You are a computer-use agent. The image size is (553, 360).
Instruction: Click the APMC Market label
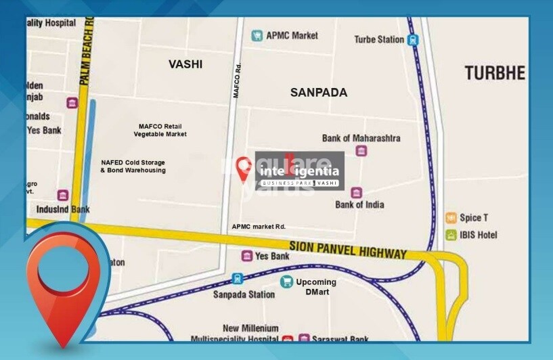click(292, 35)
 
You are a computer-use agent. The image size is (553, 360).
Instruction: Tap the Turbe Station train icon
click(413, 40)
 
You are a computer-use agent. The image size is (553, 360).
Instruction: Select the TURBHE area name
click(494, 73)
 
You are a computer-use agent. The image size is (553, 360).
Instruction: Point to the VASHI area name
click(185, 64)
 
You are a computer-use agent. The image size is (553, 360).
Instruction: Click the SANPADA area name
click(318, 93)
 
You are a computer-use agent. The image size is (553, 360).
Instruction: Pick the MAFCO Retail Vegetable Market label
click(160, 131)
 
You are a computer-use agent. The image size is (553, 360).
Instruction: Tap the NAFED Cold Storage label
click(133, 166)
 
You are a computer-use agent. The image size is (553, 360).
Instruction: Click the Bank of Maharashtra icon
click(361, 151)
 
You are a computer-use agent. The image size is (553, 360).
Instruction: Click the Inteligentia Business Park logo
click(299, 171)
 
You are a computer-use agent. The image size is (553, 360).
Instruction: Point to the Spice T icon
click(451, 218)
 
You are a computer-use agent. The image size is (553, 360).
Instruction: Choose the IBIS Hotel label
click(479, 235)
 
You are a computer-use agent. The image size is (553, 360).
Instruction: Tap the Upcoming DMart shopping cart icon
click(287, 282)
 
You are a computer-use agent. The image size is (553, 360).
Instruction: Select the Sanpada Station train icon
click(238, 279)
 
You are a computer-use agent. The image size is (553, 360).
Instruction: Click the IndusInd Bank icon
click(63, 196)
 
